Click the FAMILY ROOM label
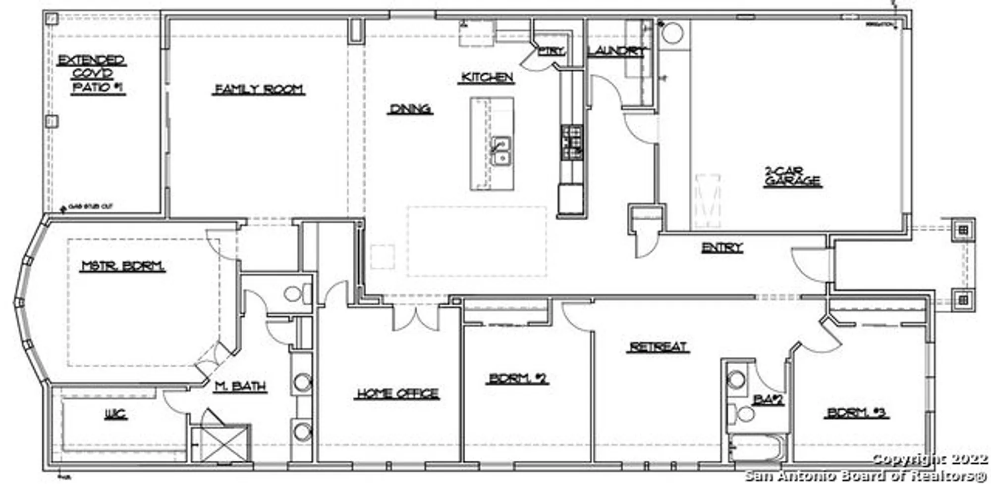coord(259,89)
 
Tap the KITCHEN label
coord(486,77)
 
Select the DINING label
coord(410,109)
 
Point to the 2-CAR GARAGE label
coord(792,177)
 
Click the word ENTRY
coord(722,247)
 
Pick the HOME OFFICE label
coord(397,393)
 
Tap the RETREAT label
coord(658,347)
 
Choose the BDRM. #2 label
coord(517,379)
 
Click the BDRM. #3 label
coord(856,413)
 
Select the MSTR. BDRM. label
coord(123,266)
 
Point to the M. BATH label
coord(240,386)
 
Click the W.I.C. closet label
coord(115,414)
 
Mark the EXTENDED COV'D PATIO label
coord(92,74)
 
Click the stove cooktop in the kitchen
coord(572,143)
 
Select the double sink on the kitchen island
coord(501,151)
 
